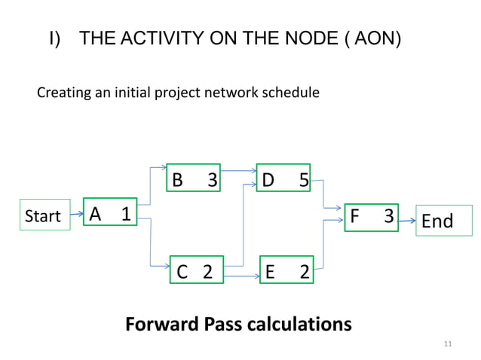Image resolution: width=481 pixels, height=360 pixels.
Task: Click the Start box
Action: [44, 216]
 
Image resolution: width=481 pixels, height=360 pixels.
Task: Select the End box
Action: [438, 221]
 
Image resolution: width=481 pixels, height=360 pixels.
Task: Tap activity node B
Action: [194, 179]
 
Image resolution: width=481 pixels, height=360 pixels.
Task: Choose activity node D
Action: [283, 179]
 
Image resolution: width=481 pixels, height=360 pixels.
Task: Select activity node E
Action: [286, 271]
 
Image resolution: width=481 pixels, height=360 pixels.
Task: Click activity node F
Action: [370, 216]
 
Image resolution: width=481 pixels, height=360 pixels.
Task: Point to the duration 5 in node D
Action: [303, 180]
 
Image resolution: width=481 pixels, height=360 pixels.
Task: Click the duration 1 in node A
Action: [126, 214]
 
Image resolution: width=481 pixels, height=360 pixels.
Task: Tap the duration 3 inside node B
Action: [213, 180]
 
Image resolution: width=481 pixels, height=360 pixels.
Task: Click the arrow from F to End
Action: [407, 221]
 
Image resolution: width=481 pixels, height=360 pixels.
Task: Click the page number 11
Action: [448, 344]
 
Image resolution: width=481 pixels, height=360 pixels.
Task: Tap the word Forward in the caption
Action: [162, 325]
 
